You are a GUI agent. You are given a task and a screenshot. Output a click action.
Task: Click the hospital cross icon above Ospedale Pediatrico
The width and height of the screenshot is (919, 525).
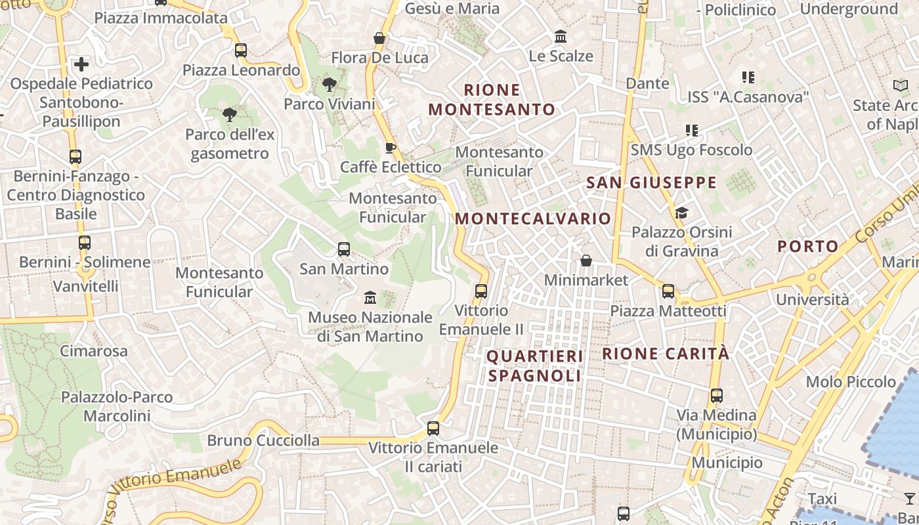pyautogui.click(x=81, y=64)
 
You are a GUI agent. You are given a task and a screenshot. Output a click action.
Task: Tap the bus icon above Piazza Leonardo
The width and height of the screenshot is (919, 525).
pyautogui.click(x=241, y=50)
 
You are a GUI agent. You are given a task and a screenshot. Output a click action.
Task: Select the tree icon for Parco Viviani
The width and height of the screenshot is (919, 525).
pyautogui.click(x=329, y=84)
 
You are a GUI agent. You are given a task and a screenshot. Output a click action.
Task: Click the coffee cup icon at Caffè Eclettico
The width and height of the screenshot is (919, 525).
pyautogui.click(x=390, y=148)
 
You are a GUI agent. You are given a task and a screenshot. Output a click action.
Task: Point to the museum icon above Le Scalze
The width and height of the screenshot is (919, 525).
pyautogui.click(x=561, y=36)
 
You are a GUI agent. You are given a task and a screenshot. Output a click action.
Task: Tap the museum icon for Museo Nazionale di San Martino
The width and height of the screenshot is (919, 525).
pyautogui.click(x=370, y=298)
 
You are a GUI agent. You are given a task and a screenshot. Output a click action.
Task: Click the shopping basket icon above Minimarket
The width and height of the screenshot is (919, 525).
pyautogui.click(x=586, y=261)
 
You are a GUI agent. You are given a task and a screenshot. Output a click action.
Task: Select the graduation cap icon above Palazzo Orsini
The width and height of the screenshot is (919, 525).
pyautogui.click(x=681, y=213)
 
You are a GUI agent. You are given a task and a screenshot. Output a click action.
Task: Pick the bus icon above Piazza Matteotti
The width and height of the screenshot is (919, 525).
pyautogui.click(x=668, y=291)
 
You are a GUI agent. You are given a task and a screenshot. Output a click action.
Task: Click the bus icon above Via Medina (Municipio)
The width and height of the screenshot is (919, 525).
pyautogui.click(x=717, y=396)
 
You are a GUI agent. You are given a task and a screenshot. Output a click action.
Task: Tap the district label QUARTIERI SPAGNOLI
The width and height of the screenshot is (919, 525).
pyautogui.click(x=535, y=366)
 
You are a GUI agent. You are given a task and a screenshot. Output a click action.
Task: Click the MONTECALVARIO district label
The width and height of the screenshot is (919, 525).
pyautogui.click(x=533, y=219)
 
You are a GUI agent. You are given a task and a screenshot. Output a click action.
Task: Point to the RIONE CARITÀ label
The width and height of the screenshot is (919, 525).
pyautogui.click(x=666, y=354)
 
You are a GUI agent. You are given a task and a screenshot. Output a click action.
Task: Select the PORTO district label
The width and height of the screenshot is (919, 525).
pyautogui.click(x=808, y=247)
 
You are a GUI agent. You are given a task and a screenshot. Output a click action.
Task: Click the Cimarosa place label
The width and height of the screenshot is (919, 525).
pyautogui.click(x=94, y=350)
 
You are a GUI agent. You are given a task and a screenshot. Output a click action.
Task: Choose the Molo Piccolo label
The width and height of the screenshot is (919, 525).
pyautogui.click(x=851, y=381)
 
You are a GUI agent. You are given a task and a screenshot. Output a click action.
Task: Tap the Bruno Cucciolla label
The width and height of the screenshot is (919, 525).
pyautogui.click(x=263, y=440)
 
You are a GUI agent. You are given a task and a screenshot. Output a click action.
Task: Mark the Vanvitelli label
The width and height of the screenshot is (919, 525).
pyautogui.click(x=86, y=286)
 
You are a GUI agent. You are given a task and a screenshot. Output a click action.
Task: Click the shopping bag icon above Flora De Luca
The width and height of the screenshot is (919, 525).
pyautogui.click(x=379, y=38)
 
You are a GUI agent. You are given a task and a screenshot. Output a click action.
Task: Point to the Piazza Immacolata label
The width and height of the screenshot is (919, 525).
pyautogui.click(x=161, y=18)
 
